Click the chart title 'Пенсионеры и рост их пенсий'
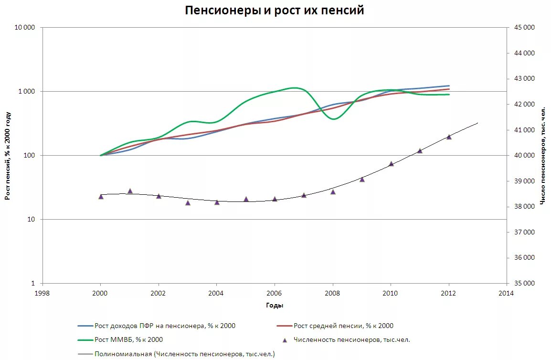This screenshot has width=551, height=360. coord(275,11)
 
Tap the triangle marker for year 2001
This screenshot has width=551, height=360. coord(130,191)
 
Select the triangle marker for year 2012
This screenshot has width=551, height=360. coord(449,137)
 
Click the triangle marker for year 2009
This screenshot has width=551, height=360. coord(362,180)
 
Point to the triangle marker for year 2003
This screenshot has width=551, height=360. coord(188,203)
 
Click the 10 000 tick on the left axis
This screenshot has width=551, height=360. coord(25,27)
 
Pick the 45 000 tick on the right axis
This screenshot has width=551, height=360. coord(525,27)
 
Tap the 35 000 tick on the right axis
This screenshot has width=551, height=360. coord(525,284)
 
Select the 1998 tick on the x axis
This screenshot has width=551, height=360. coord(42,293)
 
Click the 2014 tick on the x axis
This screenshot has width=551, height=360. coord(506,293)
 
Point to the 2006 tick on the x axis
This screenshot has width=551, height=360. coord(275,293)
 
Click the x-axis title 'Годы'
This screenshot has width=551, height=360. coord(275,306)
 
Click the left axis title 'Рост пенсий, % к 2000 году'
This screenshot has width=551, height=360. coord(8,156)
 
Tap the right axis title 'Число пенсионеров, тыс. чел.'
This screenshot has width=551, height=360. coord(543,156)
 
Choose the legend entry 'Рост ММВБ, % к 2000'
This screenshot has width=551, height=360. coord(128,340)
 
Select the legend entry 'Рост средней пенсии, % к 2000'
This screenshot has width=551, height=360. coord(343,326)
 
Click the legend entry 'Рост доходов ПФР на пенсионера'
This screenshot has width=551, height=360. coord(165,326)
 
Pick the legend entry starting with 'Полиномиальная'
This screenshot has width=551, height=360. coord(184,354)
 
